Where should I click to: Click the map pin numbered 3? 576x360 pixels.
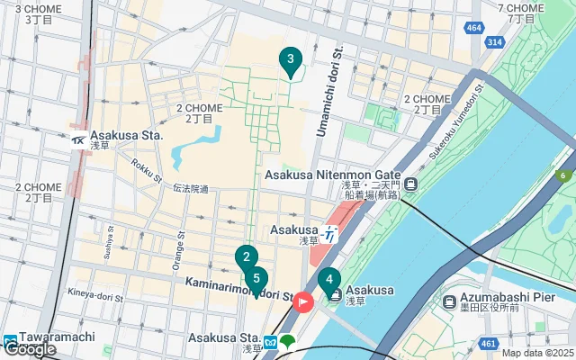coord(289,61)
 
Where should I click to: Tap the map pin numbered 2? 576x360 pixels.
coord(246,257)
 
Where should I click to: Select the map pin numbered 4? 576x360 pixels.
coord(328,280)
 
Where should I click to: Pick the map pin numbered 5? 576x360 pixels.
coord(256,279)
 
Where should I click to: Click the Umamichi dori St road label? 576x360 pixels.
coord(330,95)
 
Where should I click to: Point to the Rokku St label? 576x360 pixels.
coord(144,168)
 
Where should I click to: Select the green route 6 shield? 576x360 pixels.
coord(564,175)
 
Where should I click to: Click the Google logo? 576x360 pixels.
coord(30,349)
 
